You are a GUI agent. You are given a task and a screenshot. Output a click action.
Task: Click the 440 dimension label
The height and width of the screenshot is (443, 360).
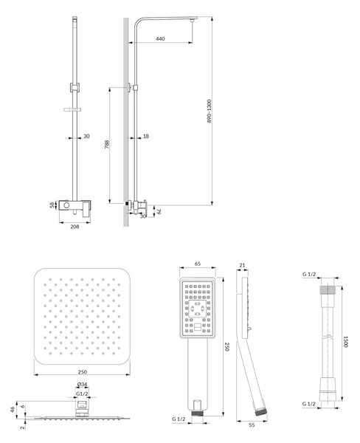(160, 38)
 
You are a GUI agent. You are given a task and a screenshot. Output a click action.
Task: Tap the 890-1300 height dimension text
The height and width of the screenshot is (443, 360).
(210, 111)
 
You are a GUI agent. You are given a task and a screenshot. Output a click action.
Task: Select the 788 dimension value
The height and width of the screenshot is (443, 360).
(107, 145)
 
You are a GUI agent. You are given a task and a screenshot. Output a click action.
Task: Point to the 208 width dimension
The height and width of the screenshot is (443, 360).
(75, 227)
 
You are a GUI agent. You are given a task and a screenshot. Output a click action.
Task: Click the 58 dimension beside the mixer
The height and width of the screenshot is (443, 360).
(52, 205)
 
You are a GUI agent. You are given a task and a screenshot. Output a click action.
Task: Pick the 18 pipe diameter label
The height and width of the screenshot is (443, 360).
(145, 136)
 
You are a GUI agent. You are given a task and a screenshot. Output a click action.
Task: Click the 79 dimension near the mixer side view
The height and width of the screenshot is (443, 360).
(159, 211)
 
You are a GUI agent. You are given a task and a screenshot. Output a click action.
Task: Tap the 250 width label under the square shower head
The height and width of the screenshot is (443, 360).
(82, 372)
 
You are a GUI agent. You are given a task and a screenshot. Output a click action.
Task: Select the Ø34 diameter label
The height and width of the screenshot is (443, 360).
(82, 384)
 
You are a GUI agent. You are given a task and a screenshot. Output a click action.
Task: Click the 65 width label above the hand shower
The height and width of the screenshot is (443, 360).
(198, 264)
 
